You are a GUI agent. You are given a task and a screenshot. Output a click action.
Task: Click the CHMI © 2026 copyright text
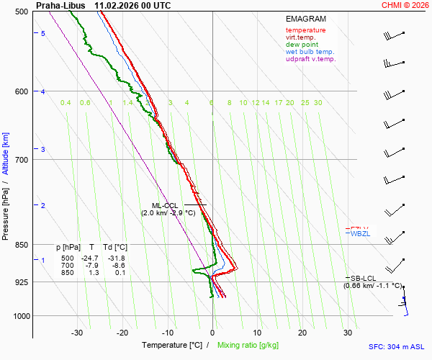click(x=406, y=5)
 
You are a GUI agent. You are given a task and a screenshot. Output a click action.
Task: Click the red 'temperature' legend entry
click(x=305, y=30)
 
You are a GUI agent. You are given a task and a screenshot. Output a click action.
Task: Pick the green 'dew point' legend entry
click(x=301, y=45)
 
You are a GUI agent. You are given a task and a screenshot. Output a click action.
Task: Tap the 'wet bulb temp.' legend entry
click(x=310, y=52)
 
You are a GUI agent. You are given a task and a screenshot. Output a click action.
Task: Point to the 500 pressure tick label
click(x=22, y=12)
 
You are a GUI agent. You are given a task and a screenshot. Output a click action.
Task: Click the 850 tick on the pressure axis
click(x=22, y=245)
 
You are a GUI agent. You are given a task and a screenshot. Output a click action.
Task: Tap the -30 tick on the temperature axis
click(x=77, y=333)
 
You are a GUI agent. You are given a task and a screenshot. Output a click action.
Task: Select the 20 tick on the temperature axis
click(x=302, y=333)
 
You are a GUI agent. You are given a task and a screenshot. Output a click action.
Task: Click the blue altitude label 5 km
click(x=43, y=34)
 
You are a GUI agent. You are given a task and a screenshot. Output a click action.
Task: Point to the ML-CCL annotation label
click(x=164, y=205)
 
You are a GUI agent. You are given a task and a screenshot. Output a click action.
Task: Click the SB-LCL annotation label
click(x=364, y=278)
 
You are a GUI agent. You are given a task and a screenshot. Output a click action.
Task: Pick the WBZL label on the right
click(x=359, y=234)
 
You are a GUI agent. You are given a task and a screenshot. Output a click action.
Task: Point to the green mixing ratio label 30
click(x=318, y=103)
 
